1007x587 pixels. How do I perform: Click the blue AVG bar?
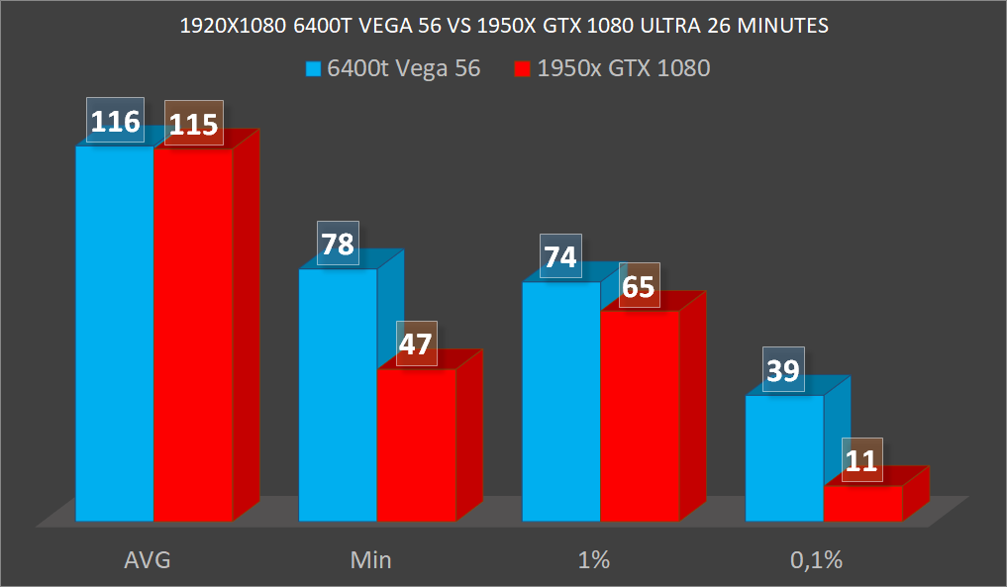[115, 337]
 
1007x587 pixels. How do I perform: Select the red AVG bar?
[193, 337]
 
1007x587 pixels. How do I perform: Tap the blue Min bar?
[338, 396]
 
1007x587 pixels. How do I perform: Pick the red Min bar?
[416, 445]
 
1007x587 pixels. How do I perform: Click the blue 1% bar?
[561, 401]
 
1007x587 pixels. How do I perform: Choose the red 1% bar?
[640, 416]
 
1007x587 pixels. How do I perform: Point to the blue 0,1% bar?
[784, 457]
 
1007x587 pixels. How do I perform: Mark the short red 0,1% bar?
[863, 503]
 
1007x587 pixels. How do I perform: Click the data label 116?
[115, 121]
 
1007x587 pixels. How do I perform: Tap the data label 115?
[194, 124]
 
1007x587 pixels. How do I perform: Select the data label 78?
[339, 244]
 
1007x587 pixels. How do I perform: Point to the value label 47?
[417, 344]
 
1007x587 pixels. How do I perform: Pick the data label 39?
[784, 370]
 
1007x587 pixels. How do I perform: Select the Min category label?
[370, 560]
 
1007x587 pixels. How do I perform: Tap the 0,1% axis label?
[816, 560]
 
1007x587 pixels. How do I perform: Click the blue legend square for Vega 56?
[313, 69]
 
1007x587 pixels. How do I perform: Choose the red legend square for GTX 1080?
[522, 69]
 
